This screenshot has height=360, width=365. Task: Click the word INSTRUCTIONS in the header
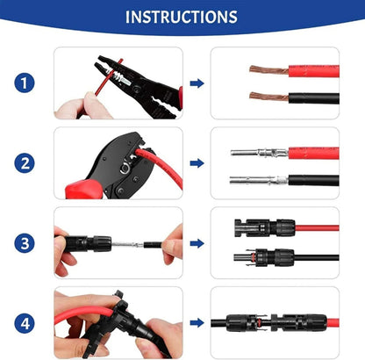click(181, 17)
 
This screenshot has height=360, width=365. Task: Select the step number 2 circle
click(25, 163)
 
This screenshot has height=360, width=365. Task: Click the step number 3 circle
click(25, 243)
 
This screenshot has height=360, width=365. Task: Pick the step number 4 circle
click(25, 322)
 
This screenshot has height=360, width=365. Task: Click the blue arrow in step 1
click(197, 83)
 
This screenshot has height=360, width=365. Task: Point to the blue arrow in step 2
click(197, 163)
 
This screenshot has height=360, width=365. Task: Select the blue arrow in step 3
click(197, 243)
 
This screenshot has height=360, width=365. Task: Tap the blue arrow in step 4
click(197, 322)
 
